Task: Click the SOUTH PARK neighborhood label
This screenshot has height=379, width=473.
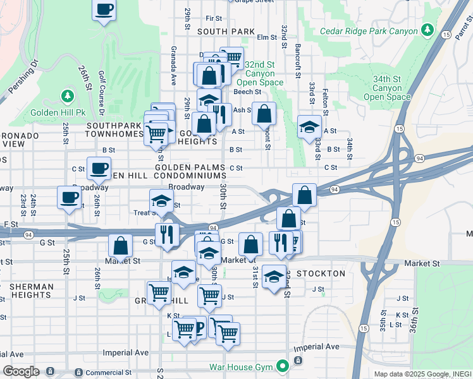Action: [x=226, y=32]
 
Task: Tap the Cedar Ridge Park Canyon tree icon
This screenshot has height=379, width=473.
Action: [x=428, y=30]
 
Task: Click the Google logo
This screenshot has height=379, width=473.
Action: [x=21, y=371]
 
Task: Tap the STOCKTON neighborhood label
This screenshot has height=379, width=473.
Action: [x=320, y=274]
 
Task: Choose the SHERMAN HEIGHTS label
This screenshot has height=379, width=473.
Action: [x=27, y=291]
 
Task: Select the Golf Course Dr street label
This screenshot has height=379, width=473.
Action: [x=101, y=92]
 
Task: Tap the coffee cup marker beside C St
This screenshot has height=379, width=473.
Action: [x=99, y=169]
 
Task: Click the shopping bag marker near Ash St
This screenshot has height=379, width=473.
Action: [x=264, y=114]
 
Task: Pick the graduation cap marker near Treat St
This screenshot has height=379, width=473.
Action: [x=162, y=201]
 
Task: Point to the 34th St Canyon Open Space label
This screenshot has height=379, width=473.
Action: [x=387, y=88]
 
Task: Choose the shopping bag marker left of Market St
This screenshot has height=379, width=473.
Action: [x=120, y=246]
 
